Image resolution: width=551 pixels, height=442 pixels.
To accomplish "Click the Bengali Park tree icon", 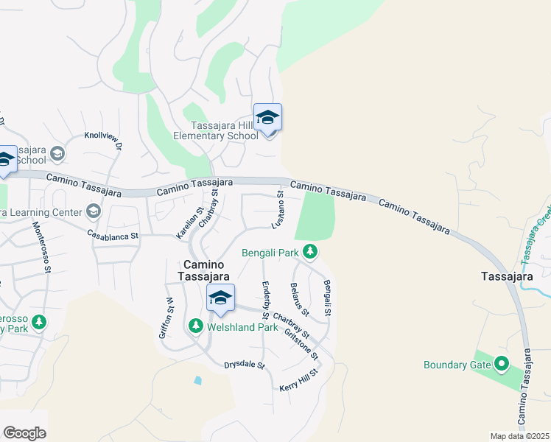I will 311,253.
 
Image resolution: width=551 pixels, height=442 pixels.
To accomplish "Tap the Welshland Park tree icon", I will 195,325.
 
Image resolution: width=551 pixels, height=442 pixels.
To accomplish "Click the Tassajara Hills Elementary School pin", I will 267,119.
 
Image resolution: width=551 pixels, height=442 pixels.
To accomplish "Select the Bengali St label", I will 327,298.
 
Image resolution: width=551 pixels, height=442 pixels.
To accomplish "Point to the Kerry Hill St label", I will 298,381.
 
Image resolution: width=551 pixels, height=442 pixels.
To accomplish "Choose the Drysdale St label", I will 245,365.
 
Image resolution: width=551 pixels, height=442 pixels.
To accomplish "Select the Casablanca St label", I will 113,236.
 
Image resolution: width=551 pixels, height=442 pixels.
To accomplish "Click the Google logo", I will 24,433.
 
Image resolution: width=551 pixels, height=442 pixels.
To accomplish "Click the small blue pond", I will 197,381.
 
